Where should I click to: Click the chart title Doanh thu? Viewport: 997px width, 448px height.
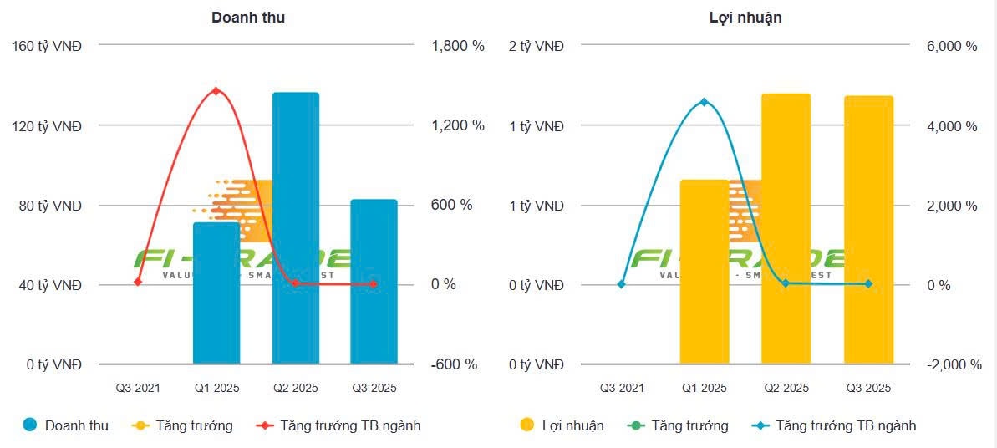248,17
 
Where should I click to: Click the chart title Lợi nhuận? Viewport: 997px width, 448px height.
740,17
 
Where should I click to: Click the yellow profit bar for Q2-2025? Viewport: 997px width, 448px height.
786,230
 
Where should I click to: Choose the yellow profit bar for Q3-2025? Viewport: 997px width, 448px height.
868,232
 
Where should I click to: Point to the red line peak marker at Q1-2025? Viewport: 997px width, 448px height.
216,90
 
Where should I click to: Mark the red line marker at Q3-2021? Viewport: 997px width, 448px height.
138,282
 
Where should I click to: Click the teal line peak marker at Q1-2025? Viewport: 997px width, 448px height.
704,102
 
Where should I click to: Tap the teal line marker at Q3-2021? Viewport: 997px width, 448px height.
621,284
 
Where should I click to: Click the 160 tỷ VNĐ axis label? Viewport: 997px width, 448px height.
47,46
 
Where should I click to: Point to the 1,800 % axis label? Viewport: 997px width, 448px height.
457,46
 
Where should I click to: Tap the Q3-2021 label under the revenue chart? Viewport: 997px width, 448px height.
138,388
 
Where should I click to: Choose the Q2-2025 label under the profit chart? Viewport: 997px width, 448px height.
786,388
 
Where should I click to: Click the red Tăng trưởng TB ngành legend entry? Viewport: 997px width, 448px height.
339,425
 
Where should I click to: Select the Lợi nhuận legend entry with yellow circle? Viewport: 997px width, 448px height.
562,425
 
